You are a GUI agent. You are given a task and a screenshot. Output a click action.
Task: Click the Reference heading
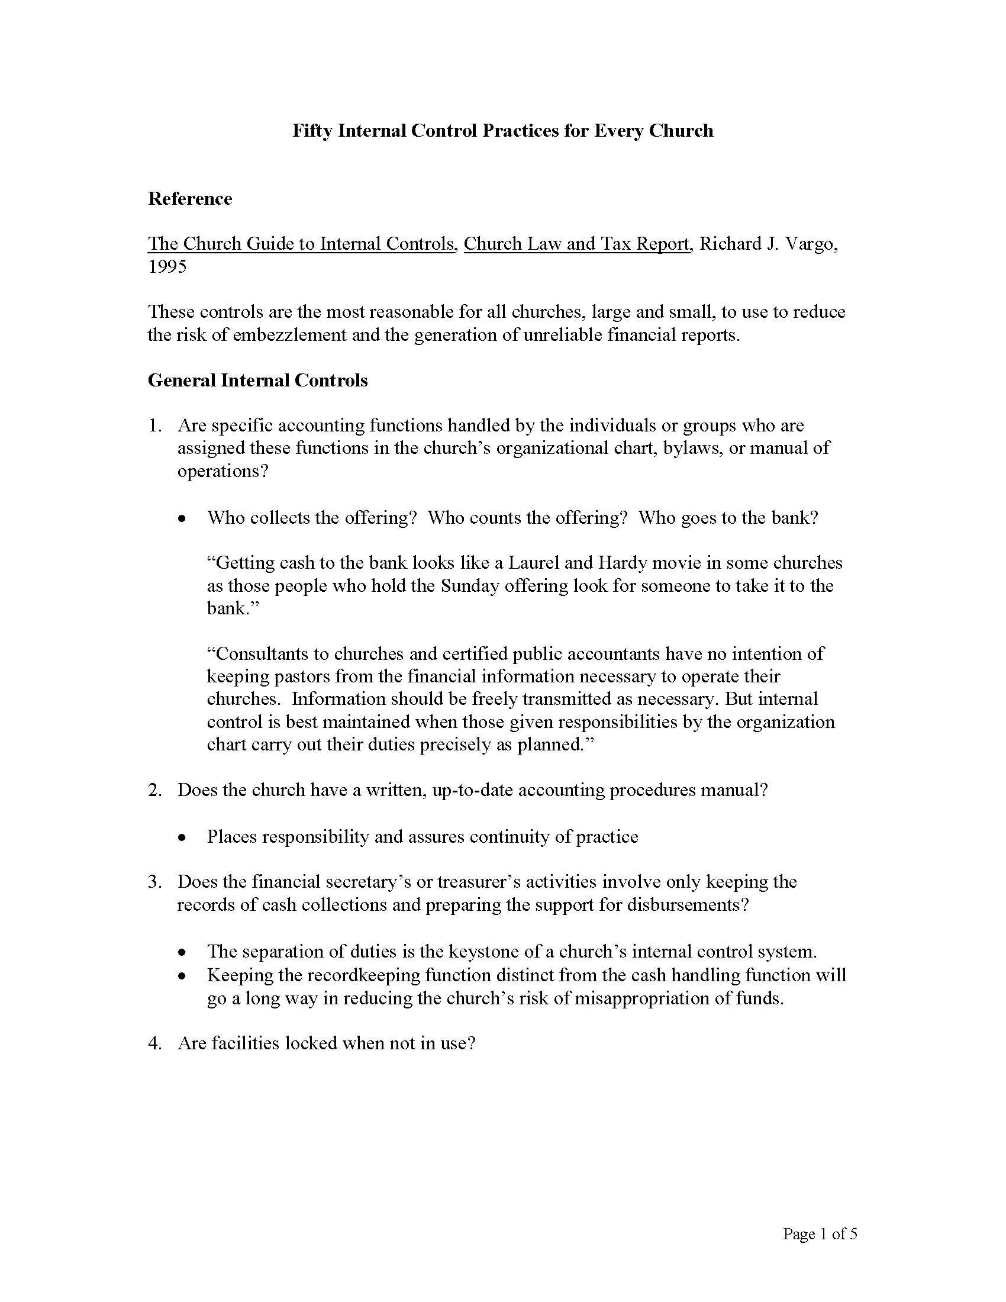click(x=189, y=198)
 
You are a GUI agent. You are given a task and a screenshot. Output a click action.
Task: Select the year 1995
click(x=167, y=266)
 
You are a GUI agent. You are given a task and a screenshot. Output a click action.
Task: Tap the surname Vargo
click(x=812, y=244)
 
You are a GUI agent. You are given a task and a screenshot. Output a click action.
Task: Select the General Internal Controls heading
click(x=257, y=381)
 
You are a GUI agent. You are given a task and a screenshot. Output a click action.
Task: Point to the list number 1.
click(x=154, y=426)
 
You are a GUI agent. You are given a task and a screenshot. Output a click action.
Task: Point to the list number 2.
click(x=154, y=791)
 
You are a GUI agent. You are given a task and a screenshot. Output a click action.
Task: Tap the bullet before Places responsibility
click(x=182, y=837)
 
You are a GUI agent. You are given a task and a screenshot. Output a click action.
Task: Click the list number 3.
click(x=154, y=882)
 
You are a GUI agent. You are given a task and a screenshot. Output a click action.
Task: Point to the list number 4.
click(x=154, y=1043)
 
